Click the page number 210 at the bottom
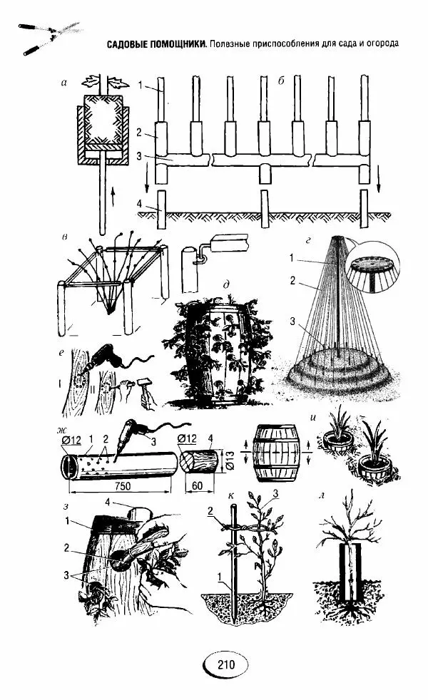tap(226, 664)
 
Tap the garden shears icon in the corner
tap(49, 38)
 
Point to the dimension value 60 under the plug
tap(197, 485)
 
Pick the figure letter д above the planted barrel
tap(227, 284)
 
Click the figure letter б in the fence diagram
tap(281, 82)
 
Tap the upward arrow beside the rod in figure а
tap(112, 197)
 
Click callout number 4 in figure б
tap(139, 204)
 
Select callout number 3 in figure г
tap(292, 321)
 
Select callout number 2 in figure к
tap(210, 512)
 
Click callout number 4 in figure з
tap(108, 502)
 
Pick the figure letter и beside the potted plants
tap(312, 418)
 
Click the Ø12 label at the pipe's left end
tap(71, 441)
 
